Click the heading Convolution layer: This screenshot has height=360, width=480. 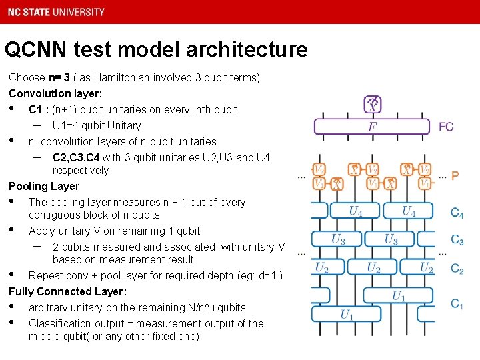click(55, 93)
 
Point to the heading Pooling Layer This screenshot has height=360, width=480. click(44, 186)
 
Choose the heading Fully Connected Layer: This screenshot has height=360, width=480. click(67, 291)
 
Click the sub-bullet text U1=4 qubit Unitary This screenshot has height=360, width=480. click(97, 125)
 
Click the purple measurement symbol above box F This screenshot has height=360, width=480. click(373, 104)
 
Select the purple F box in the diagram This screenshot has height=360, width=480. click(371, 127)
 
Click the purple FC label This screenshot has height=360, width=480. click(446, 127)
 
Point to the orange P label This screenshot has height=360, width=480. click(455, 176)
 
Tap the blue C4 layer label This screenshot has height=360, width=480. click(457, 213)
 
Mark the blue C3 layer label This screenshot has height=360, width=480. click(457, 240)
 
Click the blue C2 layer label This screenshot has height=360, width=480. click(457, 269)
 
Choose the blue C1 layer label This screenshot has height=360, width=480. click(457, 304)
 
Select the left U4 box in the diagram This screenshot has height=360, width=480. click(356, 211)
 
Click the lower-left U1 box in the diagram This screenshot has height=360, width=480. click(347, 314)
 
